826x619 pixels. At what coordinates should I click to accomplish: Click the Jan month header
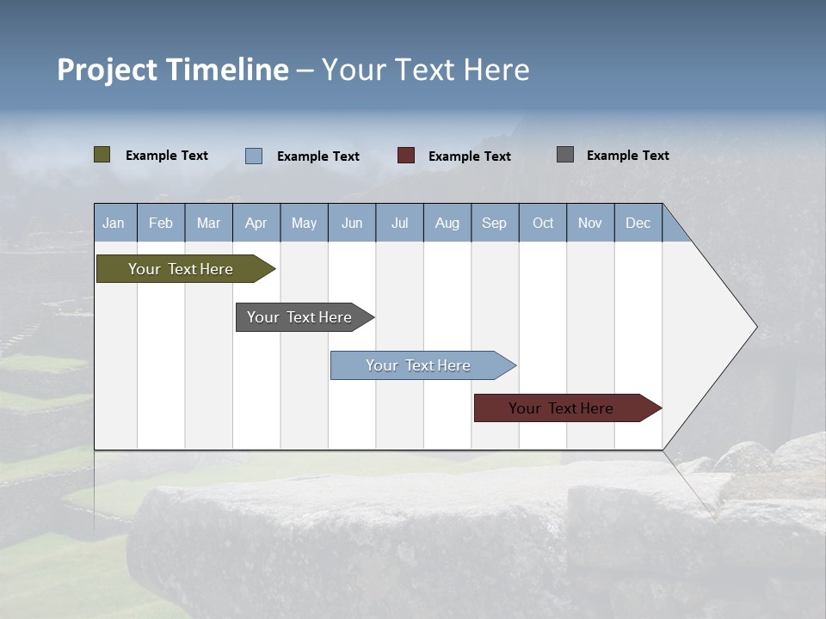(x=114, y=223)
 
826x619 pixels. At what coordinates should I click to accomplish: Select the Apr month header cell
(x=256, y=223)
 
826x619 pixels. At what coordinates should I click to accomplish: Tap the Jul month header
(x=399, y=223)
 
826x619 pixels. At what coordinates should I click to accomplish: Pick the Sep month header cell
(x=495, y=223)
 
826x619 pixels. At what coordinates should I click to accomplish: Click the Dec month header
(x=638, y=223)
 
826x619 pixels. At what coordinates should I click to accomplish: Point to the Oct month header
(x=543, y=223)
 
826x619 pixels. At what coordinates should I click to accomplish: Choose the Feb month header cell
(x=161, y=223)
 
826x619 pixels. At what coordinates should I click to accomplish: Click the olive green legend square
(x=102, y=155)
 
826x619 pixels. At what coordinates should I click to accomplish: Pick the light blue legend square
(x=254, y=156)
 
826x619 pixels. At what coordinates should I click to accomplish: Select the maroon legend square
(x=406, y=156)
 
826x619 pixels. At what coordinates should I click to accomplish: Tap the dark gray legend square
(x=565, y=155)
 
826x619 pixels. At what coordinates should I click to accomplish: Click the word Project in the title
(x=107, y=70)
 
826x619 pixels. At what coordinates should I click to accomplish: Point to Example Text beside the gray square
(x=627, y=156)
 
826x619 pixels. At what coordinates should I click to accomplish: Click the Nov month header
(x=590, y=223)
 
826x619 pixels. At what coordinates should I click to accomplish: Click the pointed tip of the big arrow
(x=755, y=327)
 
